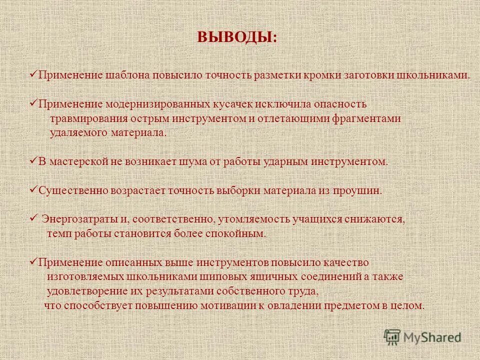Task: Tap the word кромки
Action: [324, 75]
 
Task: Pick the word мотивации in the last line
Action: [232, 305]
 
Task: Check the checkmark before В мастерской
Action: [33, 160]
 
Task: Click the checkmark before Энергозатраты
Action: [33, 218]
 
